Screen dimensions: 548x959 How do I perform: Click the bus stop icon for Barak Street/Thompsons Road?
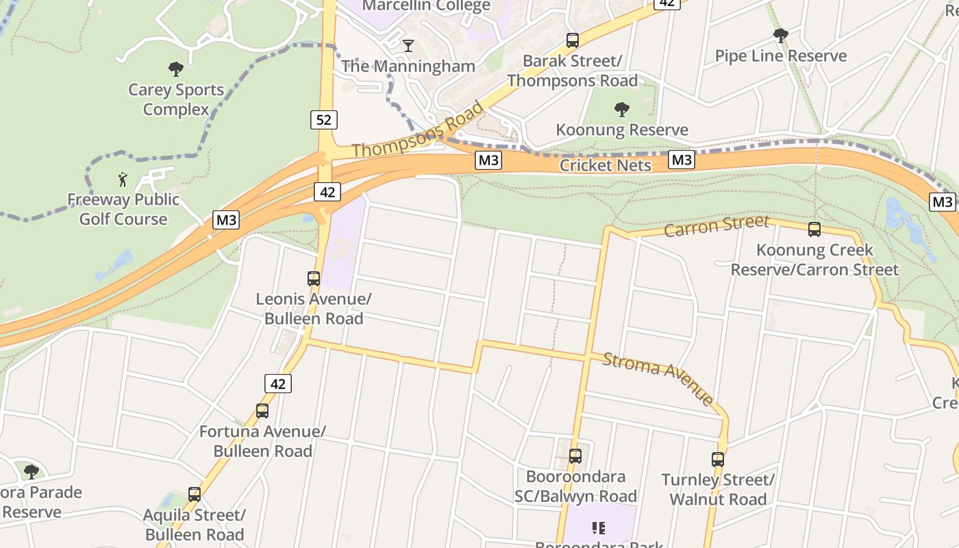click(573, 40)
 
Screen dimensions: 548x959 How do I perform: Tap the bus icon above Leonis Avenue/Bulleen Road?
click(314, 279)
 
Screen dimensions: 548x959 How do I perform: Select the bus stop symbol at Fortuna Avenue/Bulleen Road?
click(262, 411)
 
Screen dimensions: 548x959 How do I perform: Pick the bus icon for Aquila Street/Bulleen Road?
click(195, 495)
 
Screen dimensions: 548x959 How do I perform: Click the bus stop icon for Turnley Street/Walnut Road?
click(718, 460)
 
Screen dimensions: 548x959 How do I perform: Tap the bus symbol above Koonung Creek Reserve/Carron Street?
click(814, 229)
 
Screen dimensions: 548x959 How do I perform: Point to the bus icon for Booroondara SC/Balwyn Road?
click(575, 456)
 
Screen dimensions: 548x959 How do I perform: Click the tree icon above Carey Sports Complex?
click(176, 69)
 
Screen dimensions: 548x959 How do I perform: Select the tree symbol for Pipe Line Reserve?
click(780, 36)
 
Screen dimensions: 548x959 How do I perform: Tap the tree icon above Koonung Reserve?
click(622, 110)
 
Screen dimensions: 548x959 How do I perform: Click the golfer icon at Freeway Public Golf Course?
click(123, 179)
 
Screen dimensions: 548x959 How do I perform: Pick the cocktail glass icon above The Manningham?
click(408, 46)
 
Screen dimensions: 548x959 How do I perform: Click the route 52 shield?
click(324, 121)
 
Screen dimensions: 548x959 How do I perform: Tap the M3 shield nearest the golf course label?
click(226, 220)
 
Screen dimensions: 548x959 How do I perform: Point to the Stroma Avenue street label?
click(658, 377)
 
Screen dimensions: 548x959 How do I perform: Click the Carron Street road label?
click(716, 225)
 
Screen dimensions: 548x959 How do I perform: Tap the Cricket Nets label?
click(606, 165)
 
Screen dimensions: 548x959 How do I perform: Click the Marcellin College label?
click(426, 6)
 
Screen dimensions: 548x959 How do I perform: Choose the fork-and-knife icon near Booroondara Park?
click(599, 528)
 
